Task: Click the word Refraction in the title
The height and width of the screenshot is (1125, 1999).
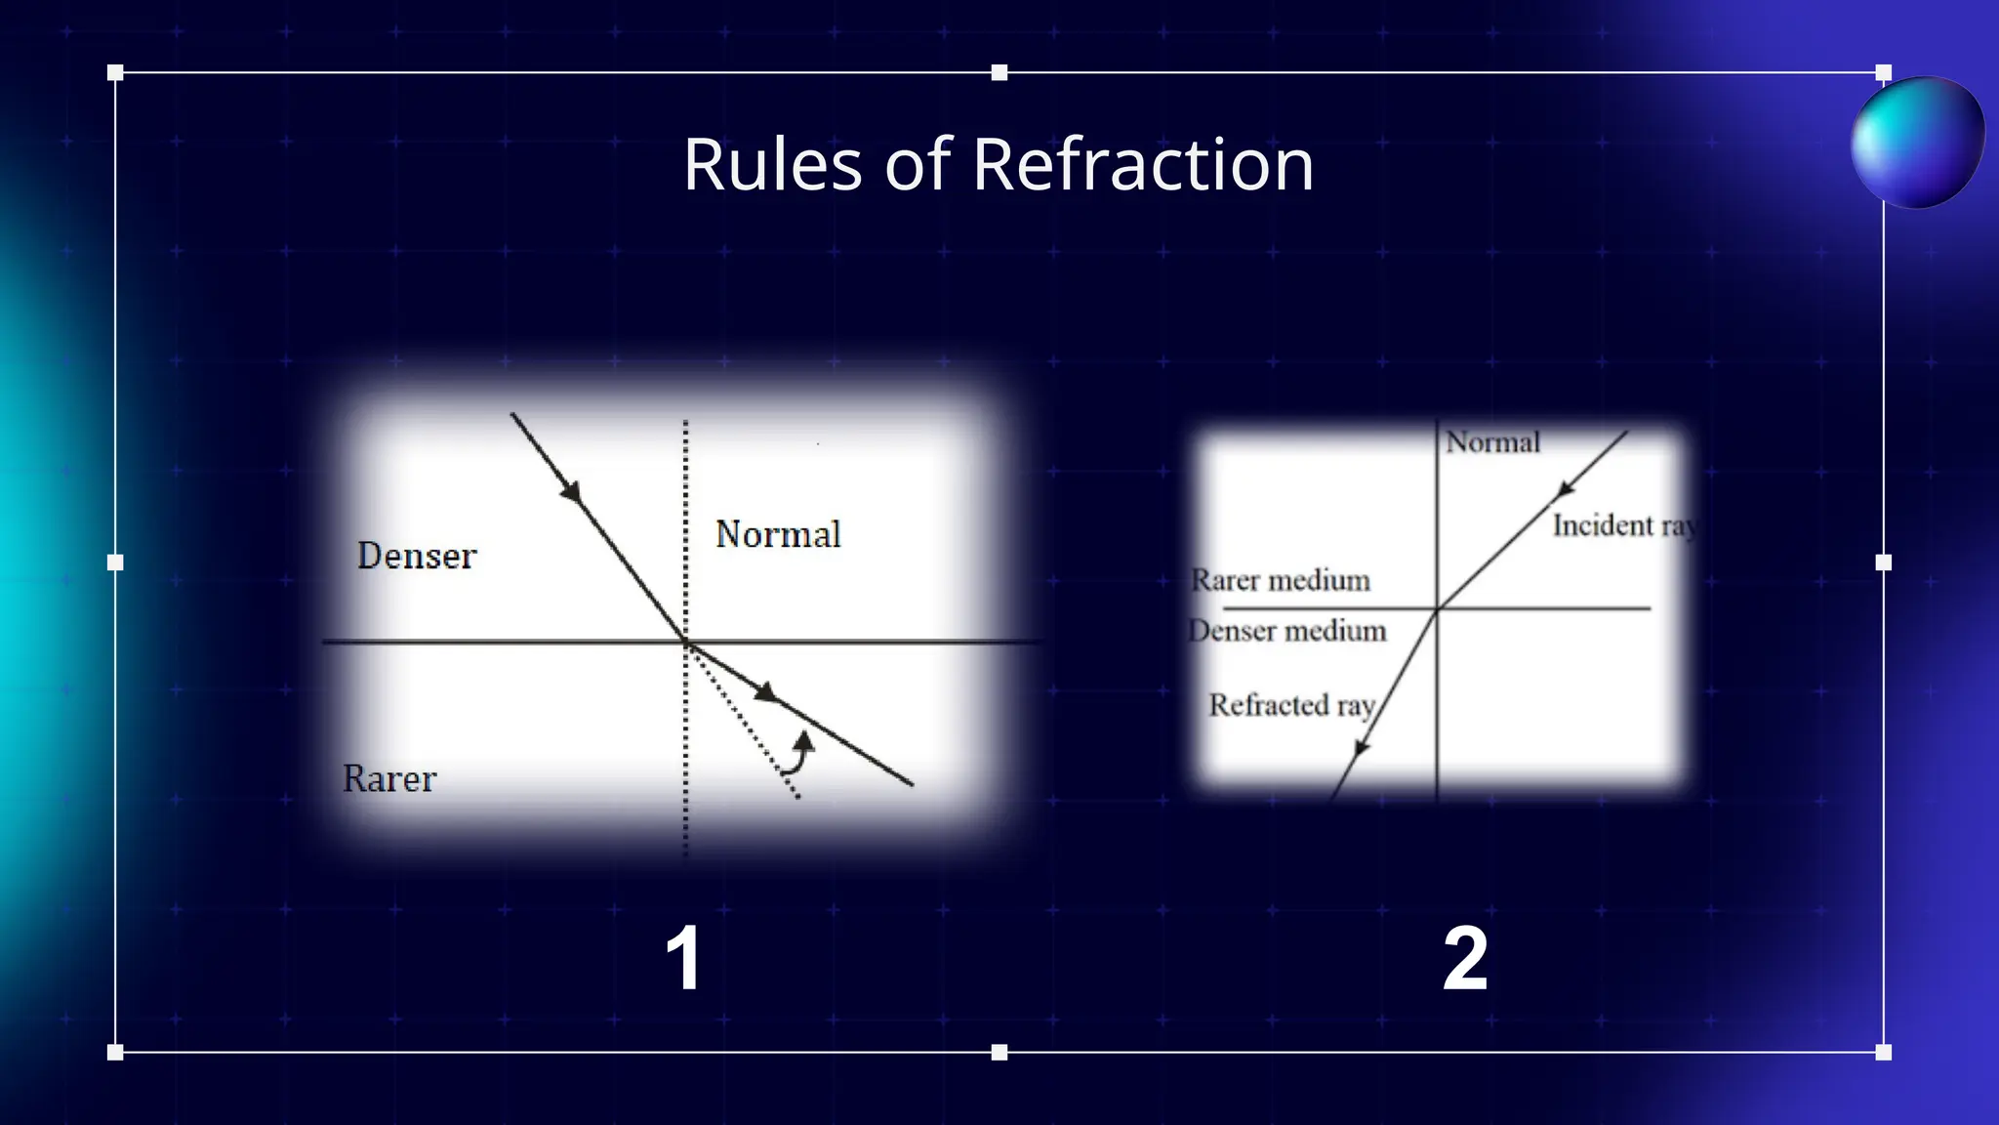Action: [1143, 165]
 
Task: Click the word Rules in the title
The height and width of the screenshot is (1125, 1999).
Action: [772, 165]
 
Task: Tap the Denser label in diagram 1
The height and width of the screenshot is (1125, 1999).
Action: [417, 556]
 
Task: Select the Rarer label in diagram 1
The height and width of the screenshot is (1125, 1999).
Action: [389, 779]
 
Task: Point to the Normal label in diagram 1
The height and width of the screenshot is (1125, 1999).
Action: [778, 535]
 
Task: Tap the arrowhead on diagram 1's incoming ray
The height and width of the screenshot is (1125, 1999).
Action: [572, 491]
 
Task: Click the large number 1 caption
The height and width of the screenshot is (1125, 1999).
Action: [683, 959]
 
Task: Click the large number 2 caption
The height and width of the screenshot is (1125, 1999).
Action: [1465, 959]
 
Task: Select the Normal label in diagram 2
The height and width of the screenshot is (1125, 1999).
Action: [1492, 442]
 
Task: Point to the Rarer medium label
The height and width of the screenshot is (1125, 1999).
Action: [1281, 580]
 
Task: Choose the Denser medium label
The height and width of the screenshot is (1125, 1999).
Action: [1287, 631]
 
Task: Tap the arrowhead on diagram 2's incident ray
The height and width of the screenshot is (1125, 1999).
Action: [1566, 488]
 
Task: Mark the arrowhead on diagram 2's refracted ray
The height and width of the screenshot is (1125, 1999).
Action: [1361, 748]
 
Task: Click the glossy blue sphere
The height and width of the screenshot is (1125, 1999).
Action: [1917, 143]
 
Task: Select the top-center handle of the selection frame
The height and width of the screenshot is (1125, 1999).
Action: [999, 72]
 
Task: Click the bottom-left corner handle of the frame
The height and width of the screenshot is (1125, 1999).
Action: [115, 1052]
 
